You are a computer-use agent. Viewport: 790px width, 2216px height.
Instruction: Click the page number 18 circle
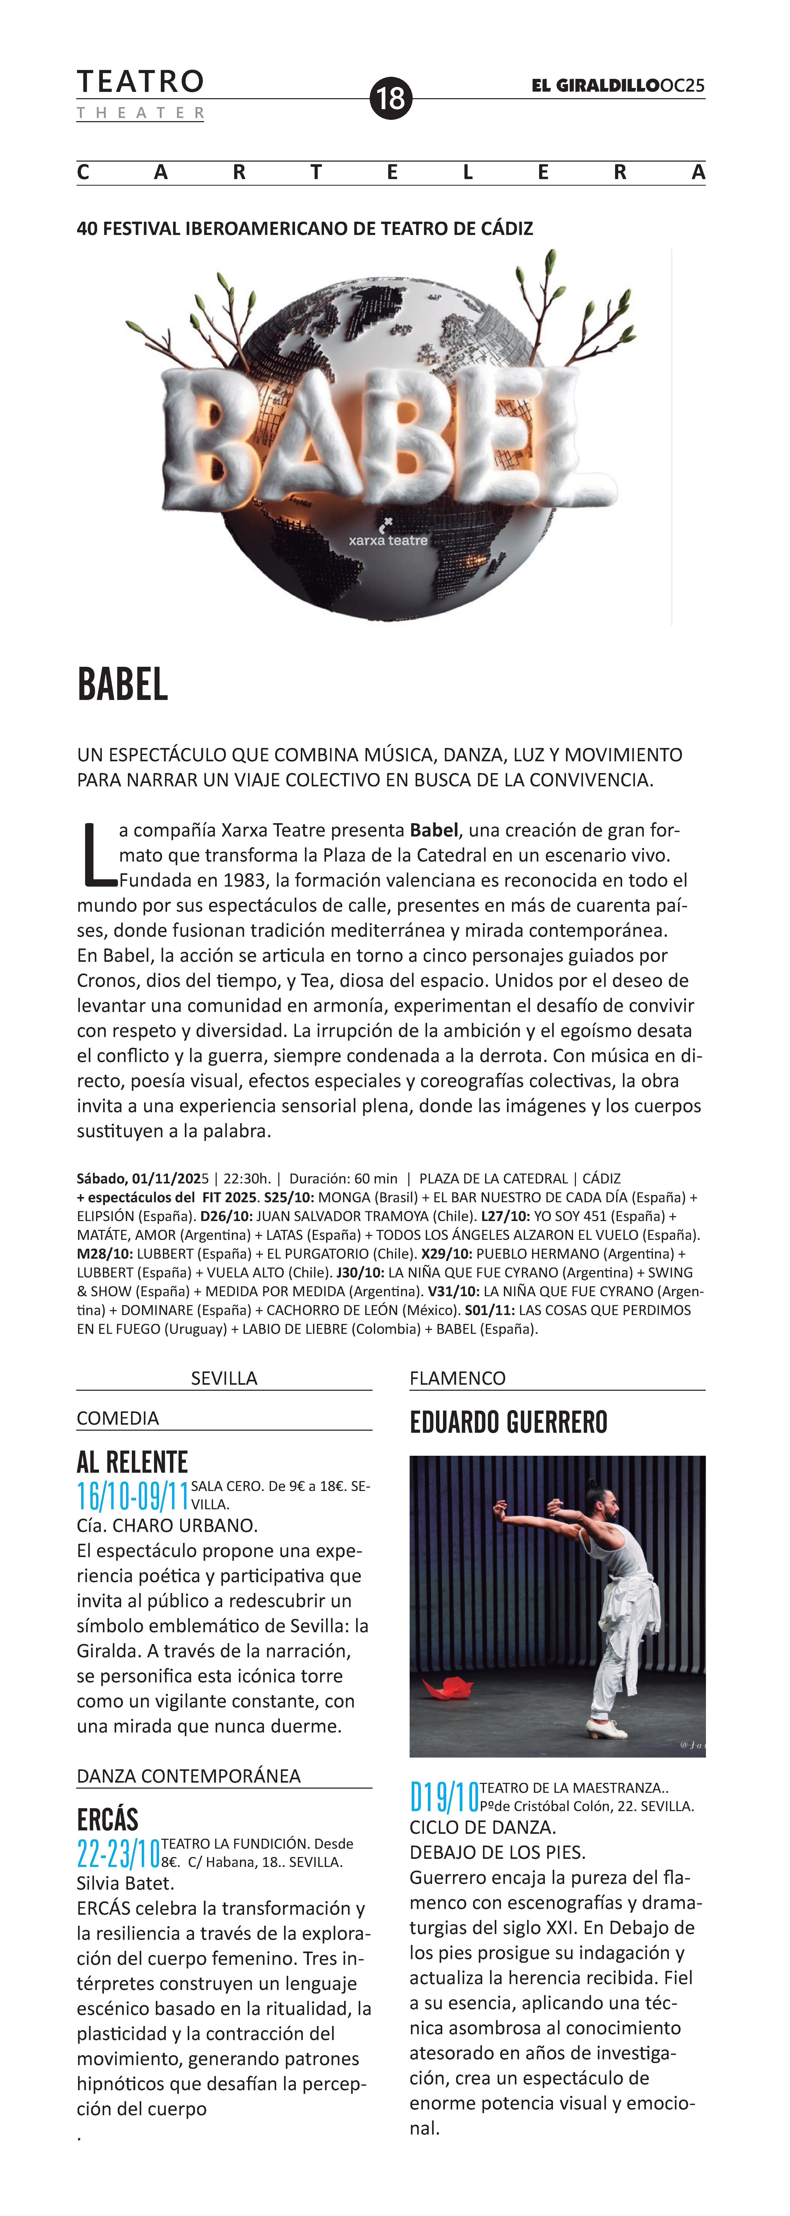391,98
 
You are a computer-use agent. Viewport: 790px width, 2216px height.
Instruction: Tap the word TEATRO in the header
140,82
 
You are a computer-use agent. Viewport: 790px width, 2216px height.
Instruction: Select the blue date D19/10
444,1798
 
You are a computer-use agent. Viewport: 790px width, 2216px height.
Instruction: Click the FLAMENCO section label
457,1378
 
